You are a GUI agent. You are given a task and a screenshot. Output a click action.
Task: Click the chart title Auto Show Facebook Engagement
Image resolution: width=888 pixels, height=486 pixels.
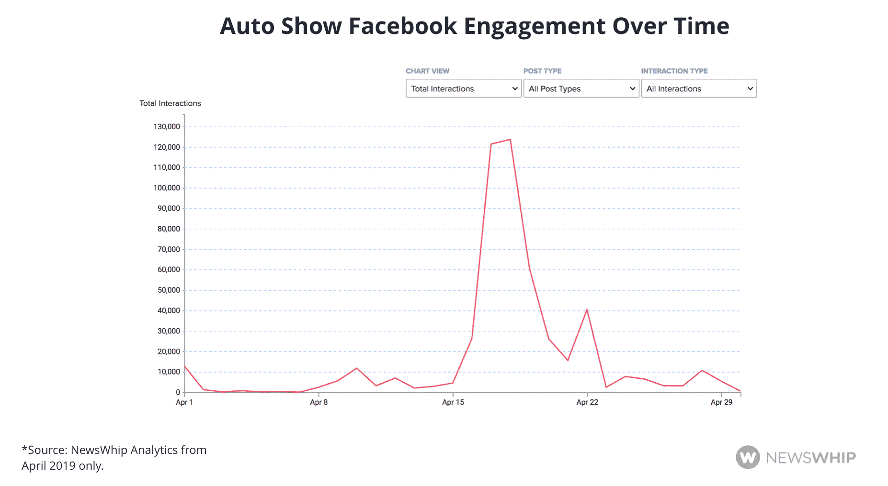(474, 26)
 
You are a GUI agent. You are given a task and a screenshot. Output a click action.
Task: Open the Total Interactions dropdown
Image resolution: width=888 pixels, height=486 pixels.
(463, 88)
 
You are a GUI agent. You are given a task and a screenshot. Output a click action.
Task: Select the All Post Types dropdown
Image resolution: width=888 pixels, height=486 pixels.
(581, 88)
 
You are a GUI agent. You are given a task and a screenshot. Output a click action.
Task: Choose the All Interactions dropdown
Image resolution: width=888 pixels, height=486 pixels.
(698, 88)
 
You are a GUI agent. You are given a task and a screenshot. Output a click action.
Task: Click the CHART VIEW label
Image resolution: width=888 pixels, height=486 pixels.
(427, 71)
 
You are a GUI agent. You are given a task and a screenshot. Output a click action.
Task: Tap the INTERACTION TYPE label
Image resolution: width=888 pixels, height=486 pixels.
(674, 71)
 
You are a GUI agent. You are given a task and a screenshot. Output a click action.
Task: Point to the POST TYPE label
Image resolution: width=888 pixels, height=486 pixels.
(542, 71)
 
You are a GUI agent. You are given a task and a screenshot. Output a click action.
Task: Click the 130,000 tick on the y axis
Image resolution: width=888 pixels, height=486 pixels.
(167, 127)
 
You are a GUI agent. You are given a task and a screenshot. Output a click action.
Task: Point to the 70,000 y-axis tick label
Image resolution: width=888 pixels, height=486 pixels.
(169, 249)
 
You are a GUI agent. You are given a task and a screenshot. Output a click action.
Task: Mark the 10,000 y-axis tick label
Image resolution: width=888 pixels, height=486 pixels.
(169, 372)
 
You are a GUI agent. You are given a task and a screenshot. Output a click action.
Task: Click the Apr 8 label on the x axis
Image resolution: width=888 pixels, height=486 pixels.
(319, 402)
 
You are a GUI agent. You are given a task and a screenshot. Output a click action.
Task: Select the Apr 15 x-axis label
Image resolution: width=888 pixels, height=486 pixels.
(453, 402)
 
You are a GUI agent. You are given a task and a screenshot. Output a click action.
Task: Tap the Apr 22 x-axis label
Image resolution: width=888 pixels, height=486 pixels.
(587, 402)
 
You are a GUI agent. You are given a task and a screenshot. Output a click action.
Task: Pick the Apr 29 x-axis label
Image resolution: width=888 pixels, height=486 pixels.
(721, 402)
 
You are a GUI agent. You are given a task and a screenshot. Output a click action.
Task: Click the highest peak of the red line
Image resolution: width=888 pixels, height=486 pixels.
(510, 140)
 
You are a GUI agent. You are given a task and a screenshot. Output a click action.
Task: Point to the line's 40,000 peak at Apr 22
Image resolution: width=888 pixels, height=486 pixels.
(587, 310)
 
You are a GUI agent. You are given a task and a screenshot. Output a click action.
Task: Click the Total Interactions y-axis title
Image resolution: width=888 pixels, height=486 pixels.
(170, 103)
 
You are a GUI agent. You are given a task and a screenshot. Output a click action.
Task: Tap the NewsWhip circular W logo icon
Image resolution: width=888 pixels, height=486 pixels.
(748, 457)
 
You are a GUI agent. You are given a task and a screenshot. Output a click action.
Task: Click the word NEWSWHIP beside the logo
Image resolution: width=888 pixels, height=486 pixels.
(810, 458)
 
